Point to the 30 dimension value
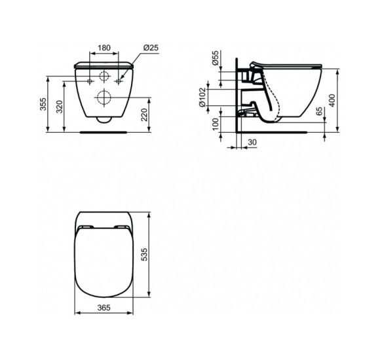pos(252,143)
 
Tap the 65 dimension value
pos(318,113)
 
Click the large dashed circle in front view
pos(104,98)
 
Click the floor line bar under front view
pos(104,131)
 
